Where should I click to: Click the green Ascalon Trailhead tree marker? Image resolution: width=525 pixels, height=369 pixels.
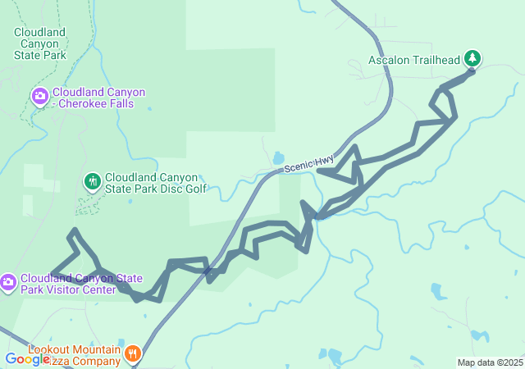pyautogui.click(x=472, y=58)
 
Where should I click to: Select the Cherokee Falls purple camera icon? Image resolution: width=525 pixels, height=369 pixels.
pyautogui.click(x=39, y=97)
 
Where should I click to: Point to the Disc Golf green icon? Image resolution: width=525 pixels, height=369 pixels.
pyautogui.click(x=92, y=180)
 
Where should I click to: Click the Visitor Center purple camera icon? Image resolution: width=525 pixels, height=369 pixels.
pyautogui.click(x=7, y=283)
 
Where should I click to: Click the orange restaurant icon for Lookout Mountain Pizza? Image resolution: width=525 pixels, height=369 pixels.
pyautogui.click(x=132, y=353)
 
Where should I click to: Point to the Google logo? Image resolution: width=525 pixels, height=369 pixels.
pyautogui.click(x=27, y=358)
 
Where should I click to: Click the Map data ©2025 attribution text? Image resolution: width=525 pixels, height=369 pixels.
pyautogui.click(x=490, y=362)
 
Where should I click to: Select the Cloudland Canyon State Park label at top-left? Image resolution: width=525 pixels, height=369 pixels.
pyautogui.click(x=39, y=43)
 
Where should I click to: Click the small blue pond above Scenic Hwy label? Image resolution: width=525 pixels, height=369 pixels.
pyautogui.click(x=279, y=157)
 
